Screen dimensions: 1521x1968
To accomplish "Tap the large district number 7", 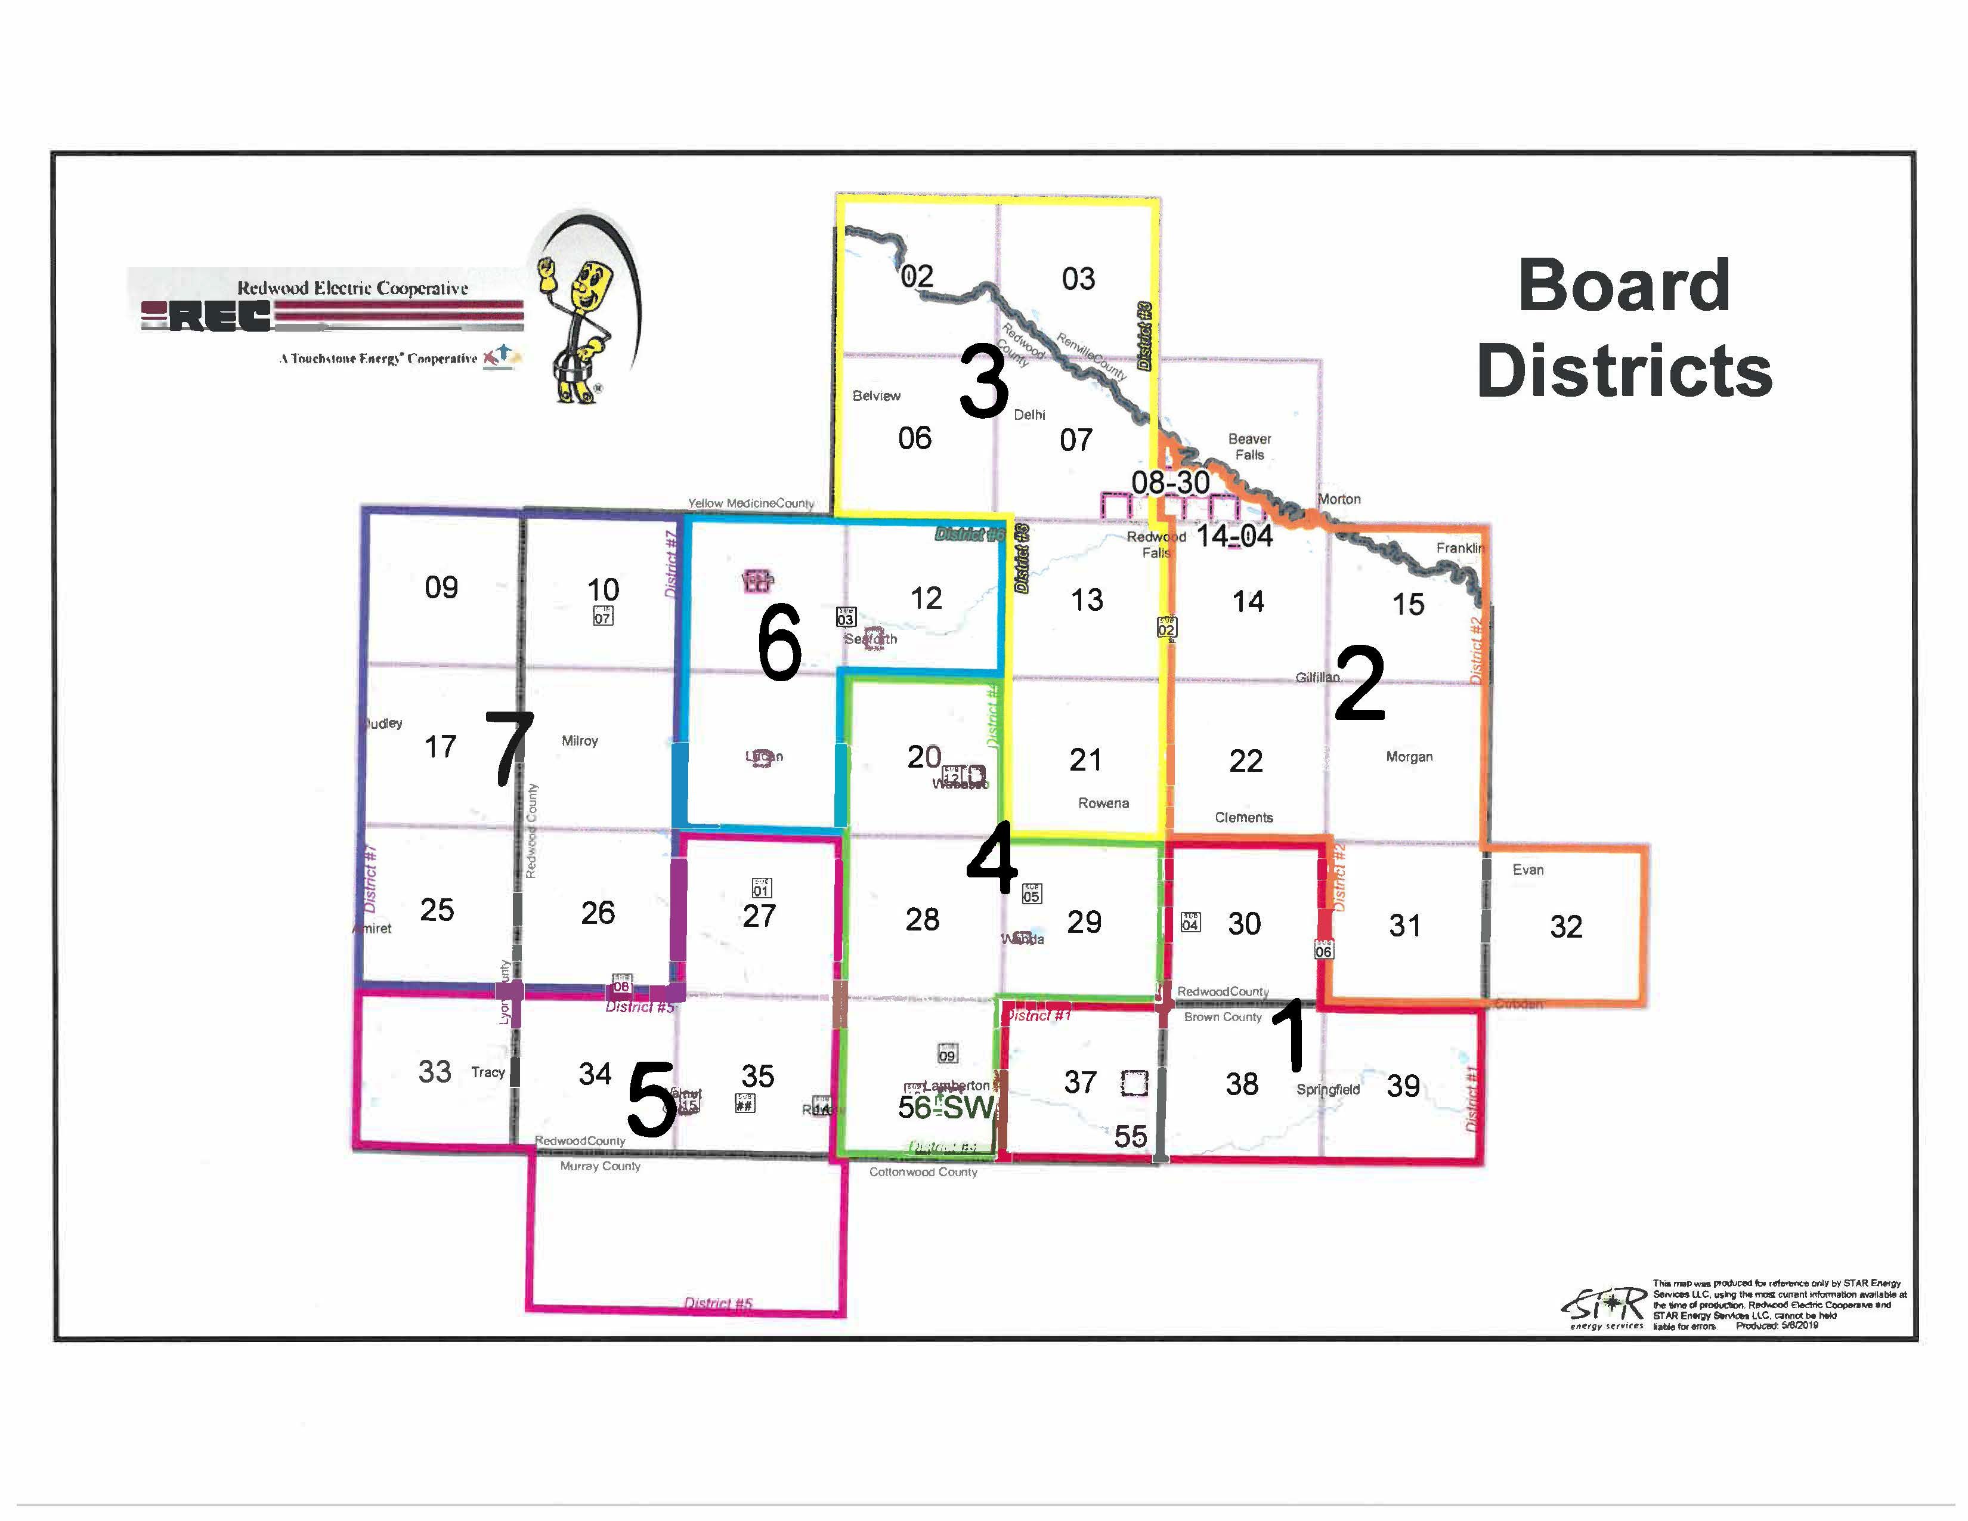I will click(x=510, y=748).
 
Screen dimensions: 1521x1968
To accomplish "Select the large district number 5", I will click(x=651, y=1099).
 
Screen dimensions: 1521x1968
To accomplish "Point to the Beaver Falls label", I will click(x=1249, y=447).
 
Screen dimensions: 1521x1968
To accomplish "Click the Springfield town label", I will click(x=1328, y=1089).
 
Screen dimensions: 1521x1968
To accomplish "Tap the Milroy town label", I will click(x=580, y=741).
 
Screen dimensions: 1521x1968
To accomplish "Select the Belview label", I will click(x=876, y=395).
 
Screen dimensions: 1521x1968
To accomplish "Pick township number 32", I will click(x=1565, y=926).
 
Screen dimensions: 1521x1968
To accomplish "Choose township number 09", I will click(x=441, y=588).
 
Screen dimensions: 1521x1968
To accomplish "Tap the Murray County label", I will click(x=600, y=1166).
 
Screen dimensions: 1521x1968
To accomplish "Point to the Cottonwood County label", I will click(x=923, y=1172).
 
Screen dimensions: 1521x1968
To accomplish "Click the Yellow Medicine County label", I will click(x=751, y=503).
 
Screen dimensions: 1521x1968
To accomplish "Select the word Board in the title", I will click(x=1624, y=286).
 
